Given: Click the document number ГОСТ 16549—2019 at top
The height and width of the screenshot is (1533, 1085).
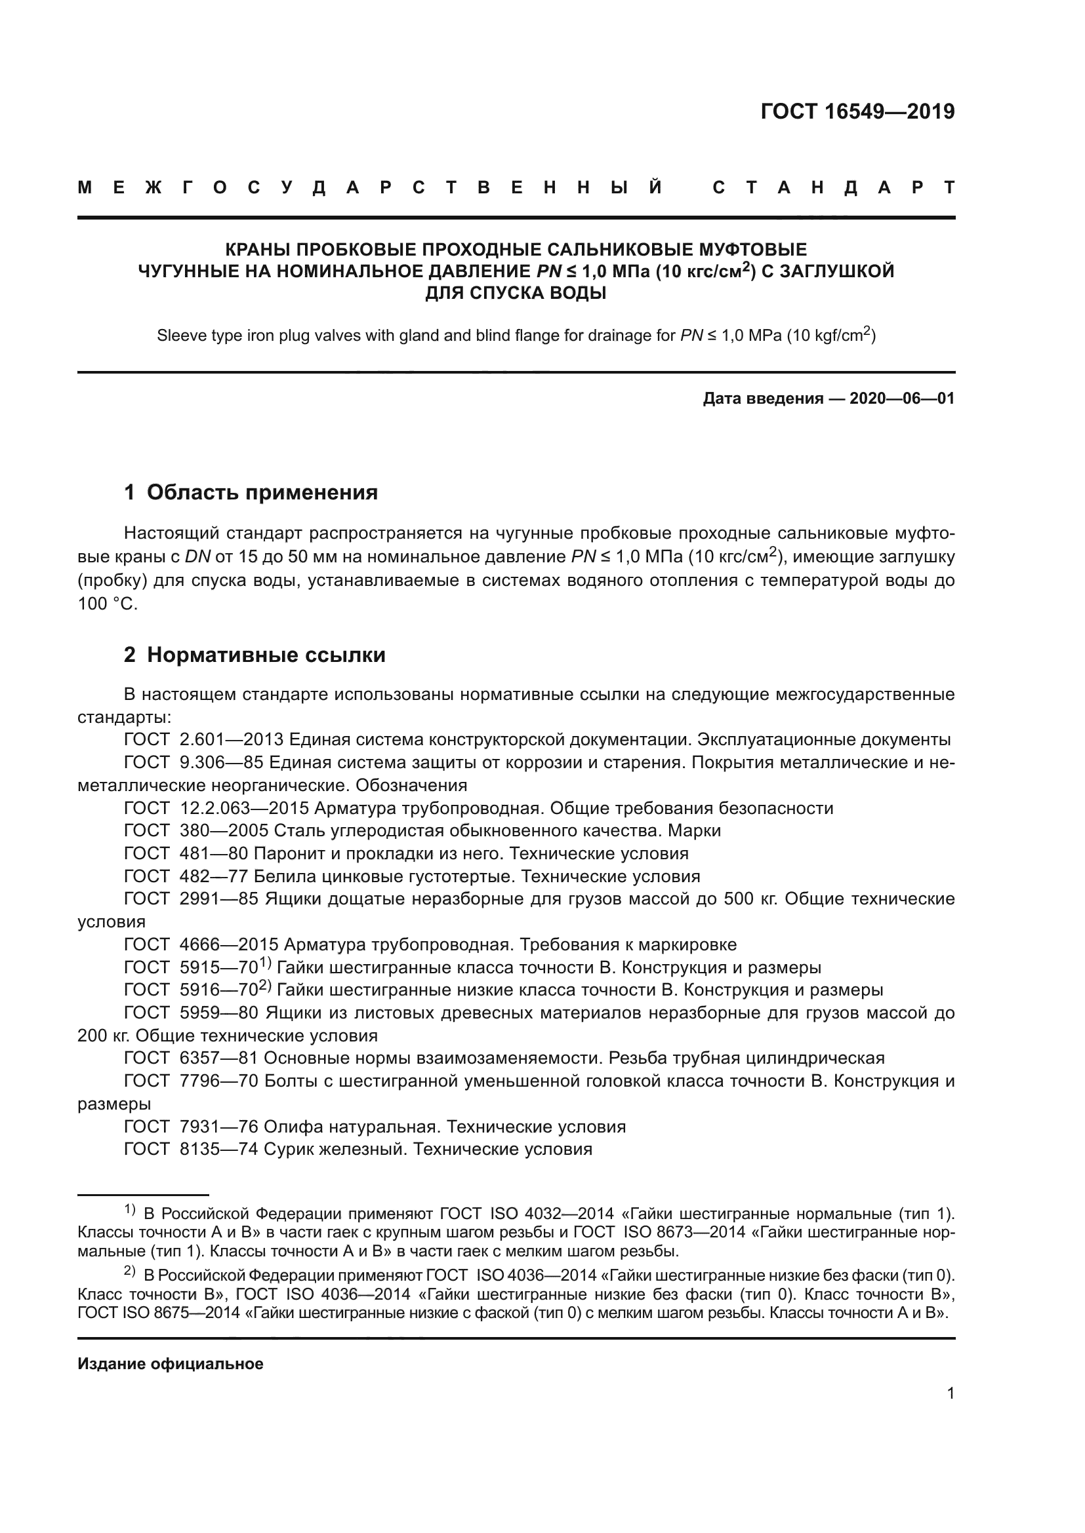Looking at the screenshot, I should coord(857,111).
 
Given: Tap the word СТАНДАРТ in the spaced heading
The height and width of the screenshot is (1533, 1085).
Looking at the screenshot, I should coord(833,188).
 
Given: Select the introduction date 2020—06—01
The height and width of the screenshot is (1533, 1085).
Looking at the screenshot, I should coord(901,398).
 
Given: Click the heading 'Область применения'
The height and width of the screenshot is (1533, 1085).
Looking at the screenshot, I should coord(262,492).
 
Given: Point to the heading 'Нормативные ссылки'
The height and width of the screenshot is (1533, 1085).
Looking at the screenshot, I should coord(266,655).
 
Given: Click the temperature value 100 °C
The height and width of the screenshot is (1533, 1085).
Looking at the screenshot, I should coord(107,604).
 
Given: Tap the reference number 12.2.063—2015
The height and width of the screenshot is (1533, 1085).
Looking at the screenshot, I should coord(244,809).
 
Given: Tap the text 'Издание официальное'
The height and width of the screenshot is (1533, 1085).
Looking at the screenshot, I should coord(171,1364).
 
